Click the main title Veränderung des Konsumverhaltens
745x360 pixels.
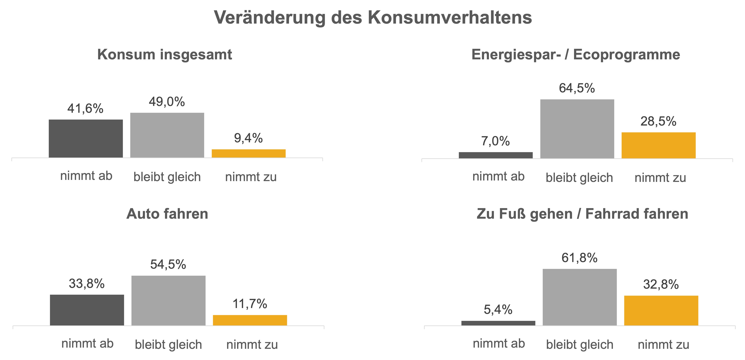(x=372, y=17)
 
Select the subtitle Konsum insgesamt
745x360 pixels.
(x=165, y=54)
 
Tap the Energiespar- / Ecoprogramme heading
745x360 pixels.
(x=575, y=54)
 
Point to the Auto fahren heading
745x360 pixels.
(x=167, y=214)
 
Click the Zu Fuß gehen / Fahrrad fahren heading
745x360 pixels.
(x=582, y=214)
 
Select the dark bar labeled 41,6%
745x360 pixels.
(x=86, y=139)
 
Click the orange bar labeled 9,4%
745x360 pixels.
(x=248, y=153)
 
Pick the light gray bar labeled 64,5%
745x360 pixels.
(x=577, y=129)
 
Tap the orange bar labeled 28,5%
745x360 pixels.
(x=659, y=145)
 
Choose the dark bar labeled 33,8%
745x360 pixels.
(x=87, y=310)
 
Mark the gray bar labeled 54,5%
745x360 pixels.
(x=168, y=300)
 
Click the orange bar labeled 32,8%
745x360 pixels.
(x=661, y=310)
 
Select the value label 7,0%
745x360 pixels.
(x=495, y=141)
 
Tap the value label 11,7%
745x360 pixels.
(x=250, y=304)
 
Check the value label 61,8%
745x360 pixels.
(x=579, y=257)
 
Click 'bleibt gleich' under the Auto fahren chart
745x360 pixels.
(x=168, y=345)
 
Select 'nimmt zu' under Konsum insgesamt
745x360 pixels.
(x=251, y=177)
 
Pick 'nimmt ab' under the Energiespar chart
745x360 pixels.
(x=498, y=176)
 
